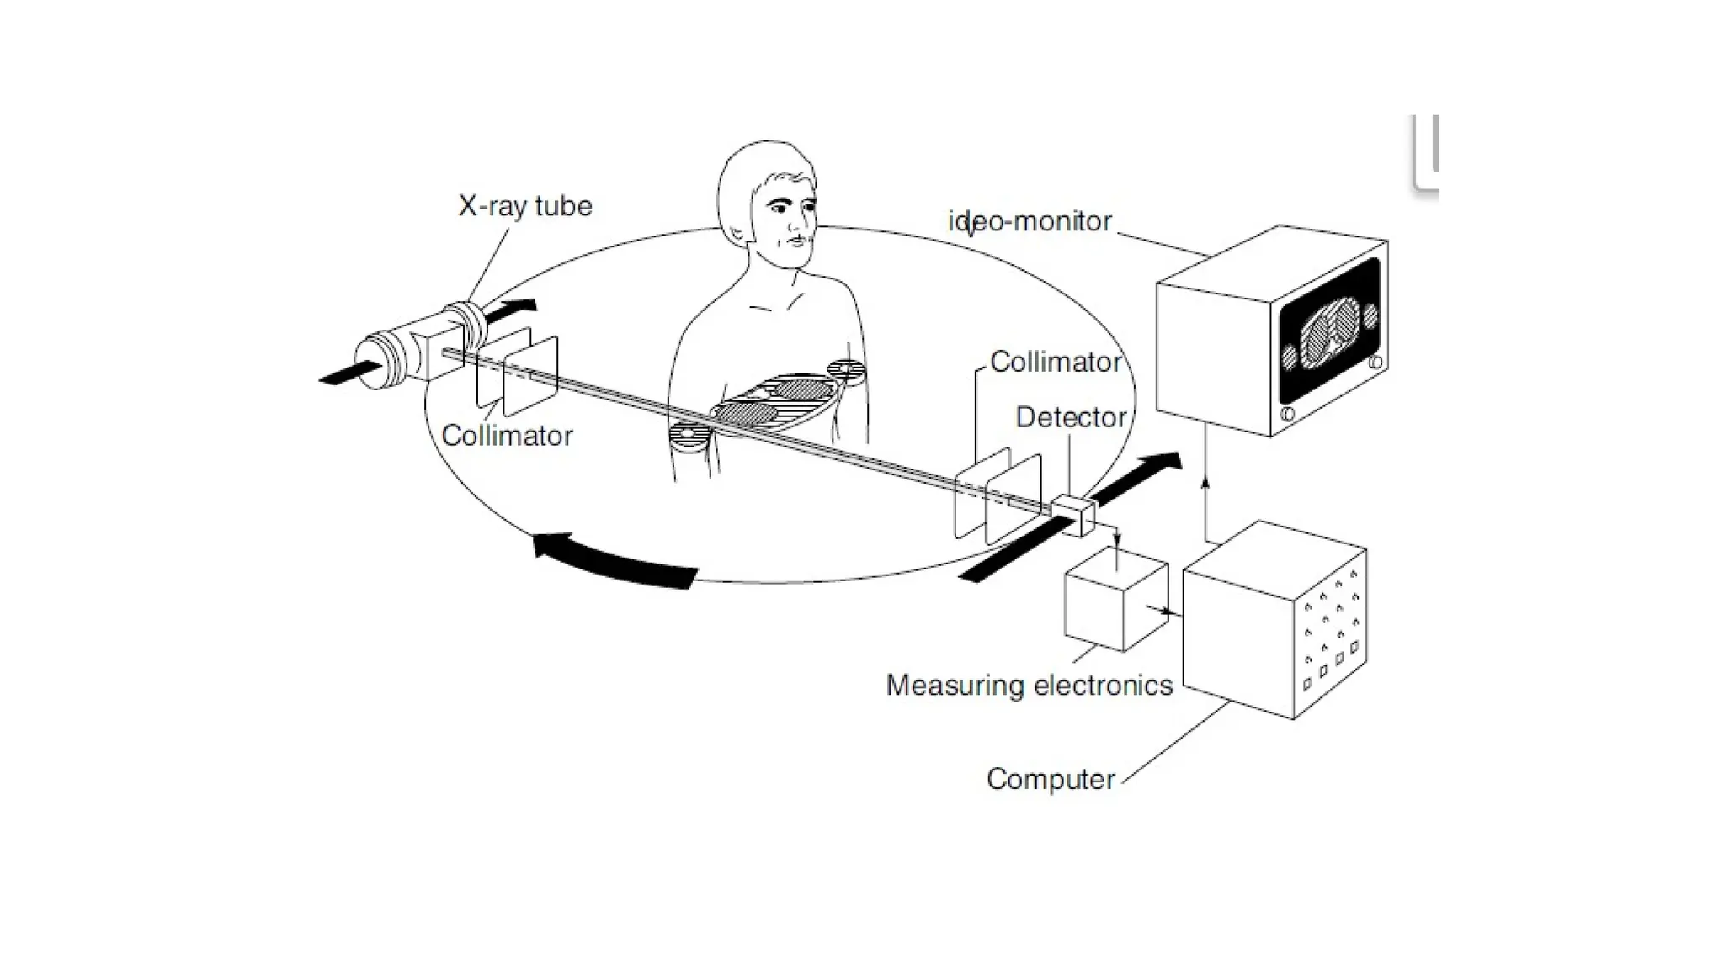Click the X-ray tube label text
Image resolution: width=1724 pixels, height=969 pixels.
click(x=524, y=206)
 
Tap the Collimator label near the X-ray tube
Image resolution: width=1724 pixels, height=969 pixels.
click(x=507, y=436)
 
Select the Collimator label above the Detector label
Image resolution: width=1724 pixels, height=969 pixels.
click(x=1055, y=363)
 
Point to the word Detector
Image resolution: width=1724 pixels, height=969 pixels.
click(x=1071, y=417)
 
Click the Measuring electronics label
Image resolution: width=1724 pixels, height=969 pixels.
click(x=1029, y=686)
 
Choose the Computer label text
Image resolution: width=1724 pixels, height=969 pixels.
click(x=1051, y=780)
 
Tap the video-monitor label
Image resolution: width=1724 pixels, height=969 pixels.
click(x=1030, y=222)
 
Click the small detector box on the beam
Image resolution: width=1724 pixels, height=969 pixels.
click(x=1072, y=516)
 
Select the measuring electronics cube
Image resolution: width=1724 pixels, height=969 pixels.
click(x=1115, y=599)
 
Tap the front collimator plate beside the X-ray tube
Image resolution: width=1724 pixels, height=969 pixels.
click(x=530, y=376)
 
